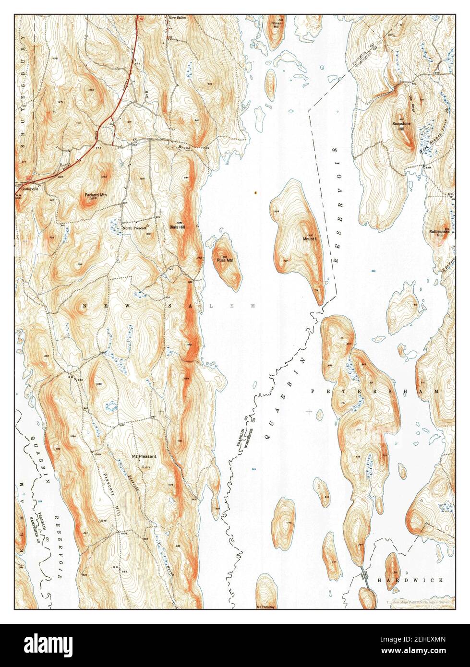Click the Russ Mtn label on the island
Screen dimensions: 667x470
point(225,261)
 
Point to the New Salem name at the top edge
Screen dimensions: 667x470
point(177,18)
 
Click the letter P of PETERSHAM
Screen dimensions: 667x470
point(313,392)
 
